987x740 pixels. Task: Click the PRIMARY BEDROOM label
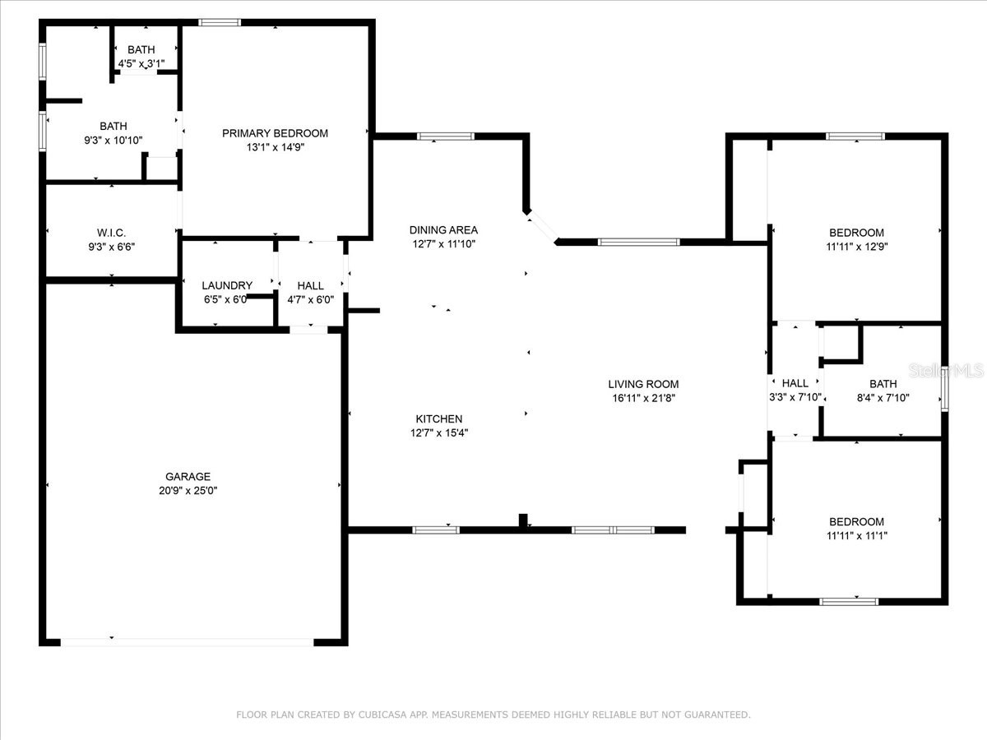(275, 133)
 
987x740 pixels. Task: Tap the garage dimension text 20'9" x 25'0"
(188, 490)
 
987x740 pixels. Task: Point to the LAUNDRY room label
(227, 285)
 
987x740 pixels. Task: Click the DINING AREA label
(443, 230)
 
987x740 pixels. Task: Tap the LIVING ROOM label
(643, 384)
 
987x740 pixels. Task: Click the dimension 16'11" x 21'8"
(643, 398)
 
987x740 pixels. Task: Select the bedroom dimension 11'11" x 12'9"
(856, 246)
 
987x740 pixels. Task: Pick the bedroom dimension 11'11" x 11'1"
(856, 535)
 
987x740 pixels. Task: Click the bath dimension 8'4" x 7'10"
(883, 397)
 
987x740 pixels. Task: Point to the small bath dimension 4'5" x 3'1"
(141, 62)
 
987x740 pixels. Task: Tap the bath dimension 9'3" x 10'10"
(114, 140)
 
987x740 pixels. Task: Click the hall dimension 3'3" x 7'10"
(795, 397)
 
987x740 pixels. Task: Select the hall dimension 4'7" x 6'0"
(310, 299)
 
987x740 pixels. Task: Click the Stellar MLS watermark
(946, 371)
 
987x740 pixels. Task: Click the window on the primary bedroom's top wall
(220, 22)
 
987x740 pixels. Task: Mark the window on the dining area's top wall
(446, 136)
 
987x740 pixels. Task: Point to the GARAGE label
(188, 476)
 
